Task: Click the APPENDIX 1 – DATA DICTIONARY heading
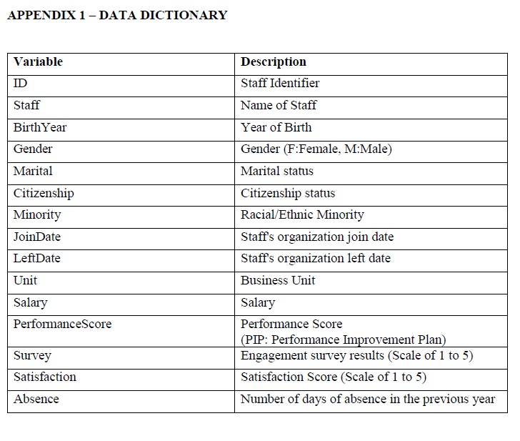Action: pos(117,15)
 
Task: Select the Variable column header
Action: pos(38,61)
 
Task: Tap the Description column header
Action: pos(274,61)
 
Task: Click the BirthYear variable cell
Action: pos(40,127)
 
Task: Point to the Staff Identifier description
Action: pos(280,83)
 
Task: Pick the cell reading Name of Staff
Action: pos(279,105)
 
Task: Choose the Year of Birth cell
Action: pos(276,127)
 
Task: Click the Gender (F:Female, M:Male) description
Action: pos(316,149)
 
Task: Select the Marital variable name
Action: pos(33,171)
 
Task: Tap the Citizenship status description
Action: pos(288,193)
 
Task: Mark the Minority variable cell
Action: pos(37,214)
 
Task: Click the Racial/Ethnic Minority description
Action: pos(302,214)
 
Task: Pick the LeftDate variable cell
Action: pos(37,258)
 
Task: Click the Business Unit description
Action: pos(278,280)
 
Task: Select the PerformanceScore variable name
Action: pos(62,324)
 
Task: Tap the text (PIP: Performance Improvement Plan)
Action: pos(344,340)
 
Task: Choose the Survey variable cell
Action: pos(32,355)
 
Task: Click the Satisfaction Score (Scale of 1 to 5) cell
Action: pos(334,377)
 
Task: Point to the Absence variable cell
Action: pos(36,399)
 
